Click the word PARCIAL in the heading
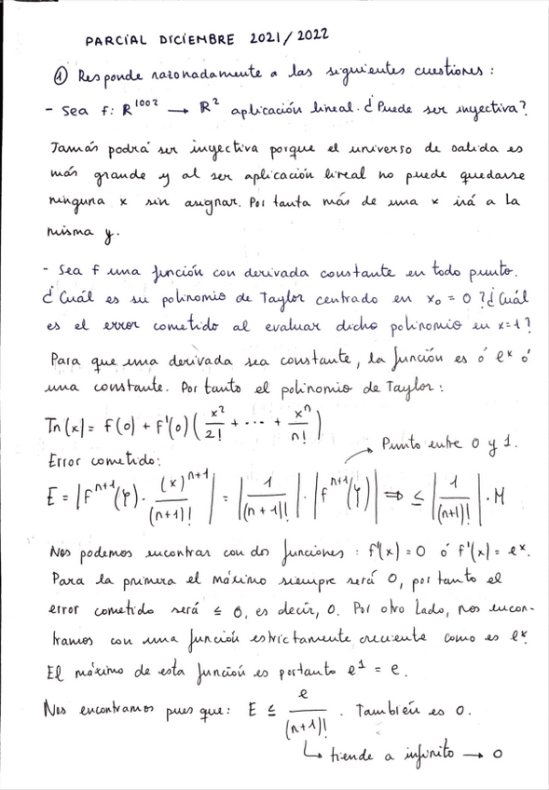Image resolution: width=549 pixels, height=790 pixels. coord(117,40)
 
